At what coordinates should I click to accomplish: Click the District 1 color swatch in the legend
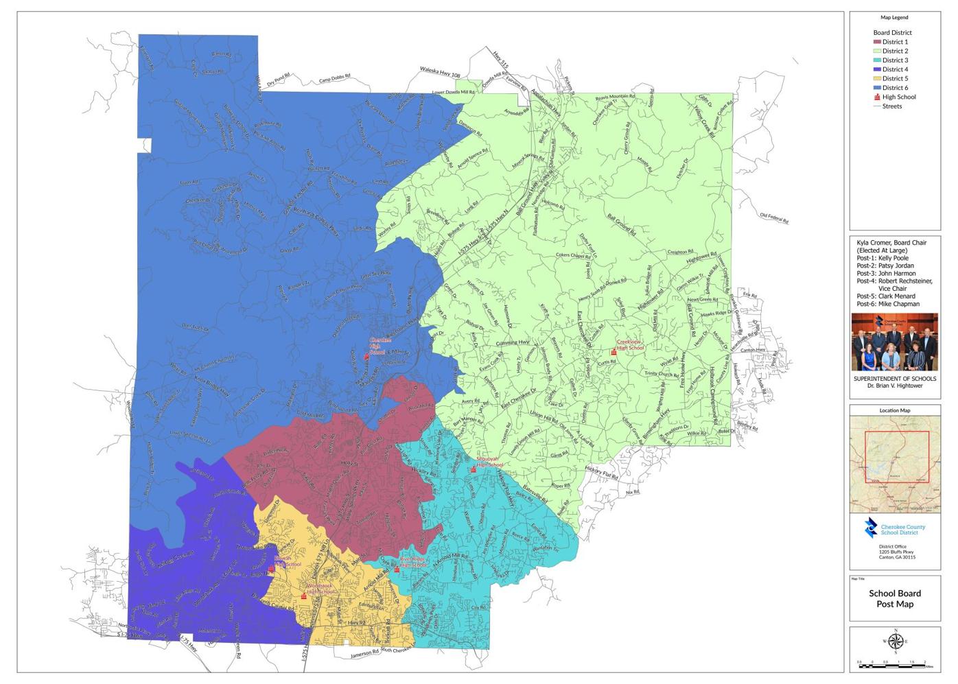pos(877,43)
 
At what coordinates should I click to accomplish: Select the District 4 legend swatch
pos(877,69)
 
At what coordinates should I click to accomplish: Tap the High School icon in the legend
pos(877,97)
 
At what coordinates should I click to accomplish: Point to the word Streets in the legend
pos(892,106)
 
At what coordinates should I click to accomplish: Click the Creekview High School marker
pos(614,352)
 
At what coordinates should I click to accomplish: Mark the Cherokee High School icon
pos(366,357)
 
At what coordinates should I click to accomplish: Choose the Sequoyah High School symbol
pos(473,470)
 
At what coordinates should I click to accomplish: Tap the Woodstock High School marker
pos(304,596)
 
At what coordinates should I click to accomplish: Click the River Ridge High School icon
pos(397,569)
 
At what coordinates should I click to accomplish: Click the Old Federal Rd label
pos(773,218)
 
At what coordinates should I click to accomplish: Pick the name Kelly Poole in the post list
pos(892,258)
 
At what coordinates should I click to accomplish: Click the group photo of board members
pos(895,342)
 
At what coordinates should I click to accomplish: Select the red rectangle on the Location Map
pos(897,457)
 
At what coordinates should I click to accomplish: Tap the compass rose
pos(895,642)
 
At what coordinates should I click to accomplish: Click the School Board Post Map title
pos(895,599)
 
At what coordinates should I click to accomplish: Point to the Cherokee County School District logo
pos(871,527)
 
